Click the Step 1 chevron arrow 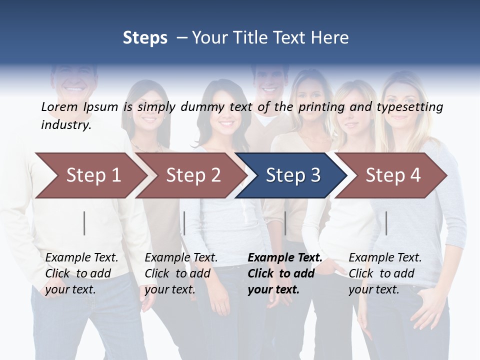point(92,175)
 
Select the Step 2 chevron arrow point(192,175)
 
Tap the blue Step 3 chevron point(292,175)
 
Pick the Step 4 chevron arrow point(392,175)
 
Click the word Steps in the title point(145,38)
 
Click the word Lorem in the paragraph point(59,107)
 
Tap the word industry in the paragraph point(66,125)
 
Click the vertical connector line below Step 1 point(84,223)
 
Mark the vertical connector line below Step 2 point(184,223)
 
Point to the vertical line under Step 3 point(285,223)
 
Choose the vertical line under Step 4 point(386,223)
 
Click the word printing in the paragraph point(317,107)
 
